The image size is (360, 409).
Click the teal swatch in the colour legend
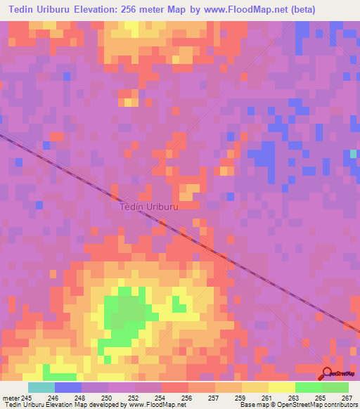pos(41,387)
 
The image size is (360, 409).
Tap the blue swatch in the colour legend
pos(68,387)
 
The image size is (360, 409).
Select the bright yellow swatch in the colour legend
pos(282,387)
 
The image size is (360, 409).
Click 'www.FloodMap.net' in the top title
pos(217,10)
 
